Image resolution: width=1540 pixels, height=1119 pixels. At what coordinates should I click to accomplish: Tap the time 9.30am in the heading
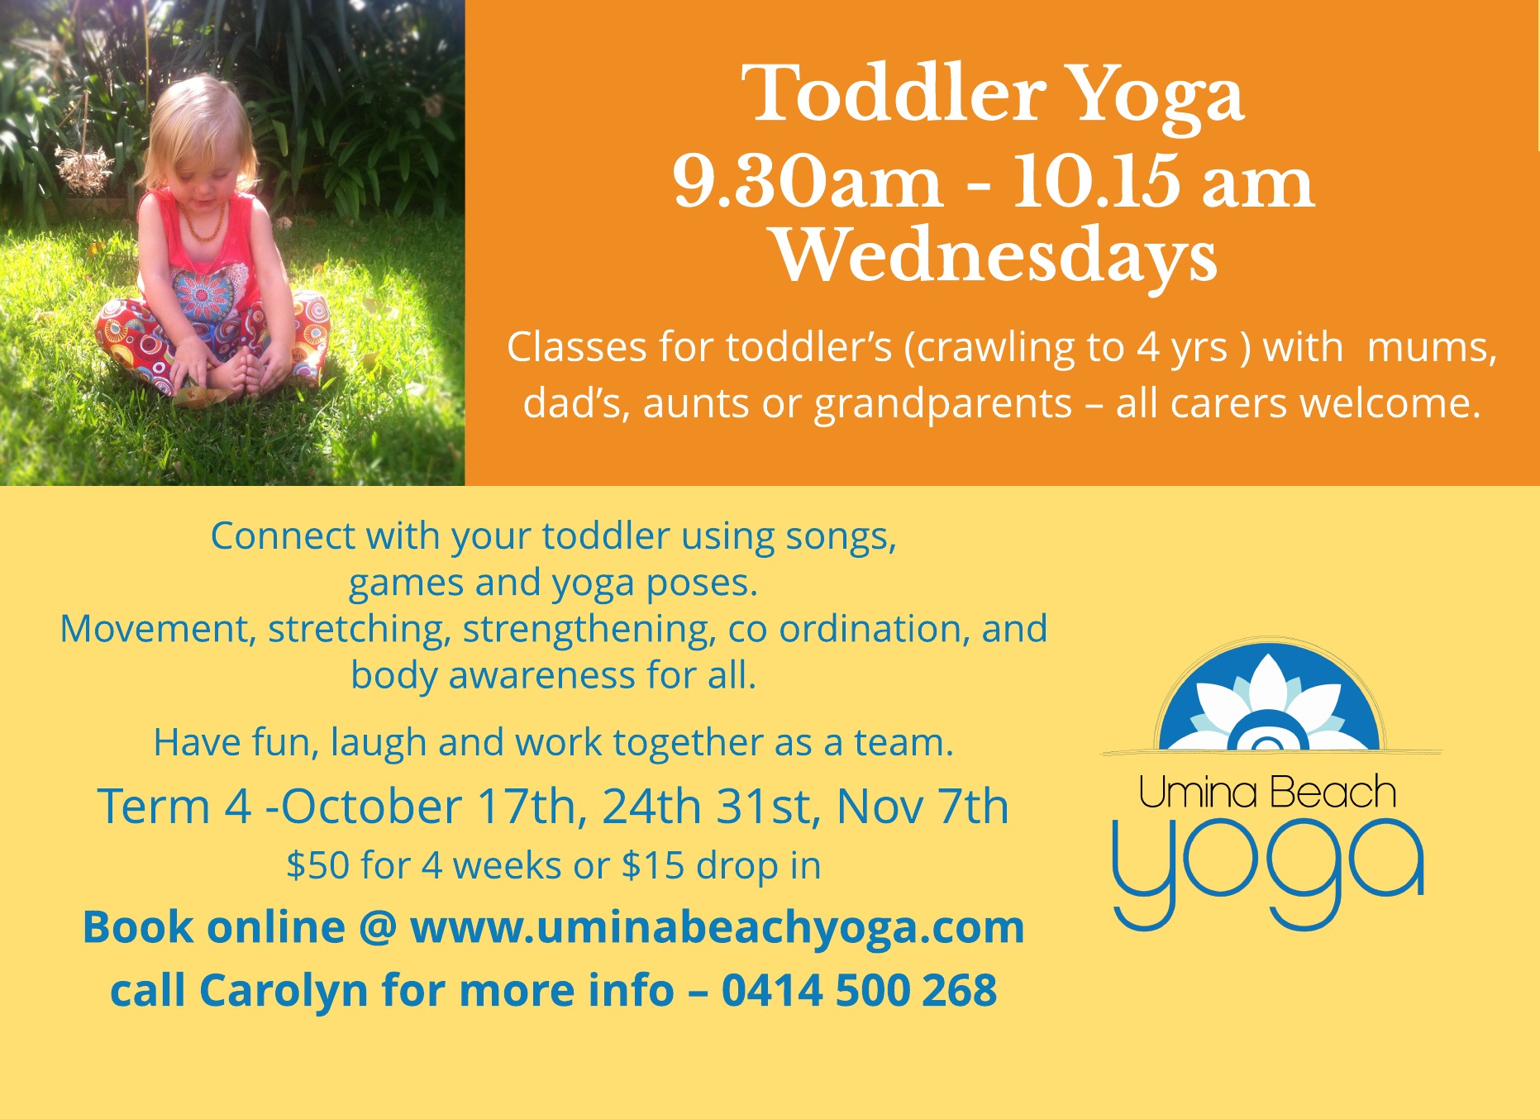808,181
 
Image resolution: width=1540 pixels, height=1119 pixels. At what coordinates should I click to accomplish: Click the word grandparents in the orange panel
943,405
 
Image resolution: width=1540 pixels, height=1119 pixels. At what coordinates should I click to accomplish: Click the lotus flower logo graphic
1269,697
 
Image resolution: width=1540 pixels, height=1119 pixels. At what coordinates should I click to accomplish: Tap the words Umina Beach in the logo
1267,792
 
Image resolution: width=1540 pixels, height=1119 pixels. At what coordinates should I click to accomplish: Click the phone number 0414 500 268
859,990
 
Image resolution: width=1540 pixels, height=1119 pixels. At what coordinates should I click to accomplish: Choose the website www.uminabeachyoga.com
717,927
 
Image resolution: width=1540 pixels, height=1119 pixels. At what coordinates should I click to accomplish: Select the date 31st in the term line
768,807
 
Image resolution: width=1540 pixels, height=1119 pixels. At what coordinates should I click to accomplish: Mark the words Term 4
174,807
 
